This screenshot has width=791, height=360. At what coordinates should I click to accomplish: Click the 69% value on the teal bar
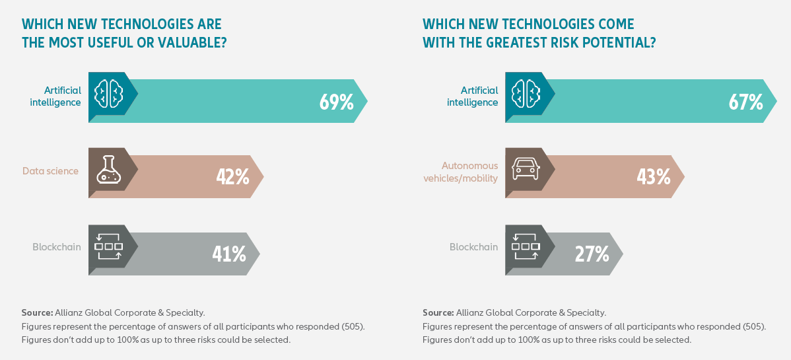(x=336, y=102)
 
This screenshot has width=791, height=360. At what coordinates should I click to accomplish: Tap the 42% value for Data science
(x=232, y=176)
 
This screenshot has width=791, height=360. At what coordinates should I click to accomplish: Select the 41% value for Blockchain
(x=229, y=253)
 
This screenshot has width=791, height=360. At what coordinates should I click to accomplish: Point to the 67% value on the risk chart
(x=745, y=102)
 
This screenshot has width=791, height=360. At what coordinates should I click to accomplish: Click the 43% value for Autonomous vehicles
(x=653, y=176)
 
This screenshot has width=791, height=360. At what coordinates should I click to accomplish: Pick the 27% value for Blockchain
(x=592, y=253)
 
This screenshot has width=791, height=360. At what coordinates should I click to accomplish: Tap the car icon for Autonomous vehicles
(x=524, y=171)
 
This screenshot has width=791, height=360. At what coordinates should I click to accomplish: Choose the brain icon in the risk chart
(x=525, y=94)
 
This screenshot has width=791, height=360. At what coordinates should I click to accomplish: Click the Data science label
(x=50, y=171)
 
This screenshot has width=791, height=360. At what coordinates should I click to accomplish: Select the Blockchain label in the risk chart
(x=473, y=247)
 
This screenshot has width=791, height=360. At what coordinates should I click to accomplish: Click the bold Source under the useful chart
(x=37, y=312)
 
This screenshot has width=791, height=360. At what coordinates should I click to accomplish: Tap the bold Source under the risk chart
(x=438, y=312)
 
